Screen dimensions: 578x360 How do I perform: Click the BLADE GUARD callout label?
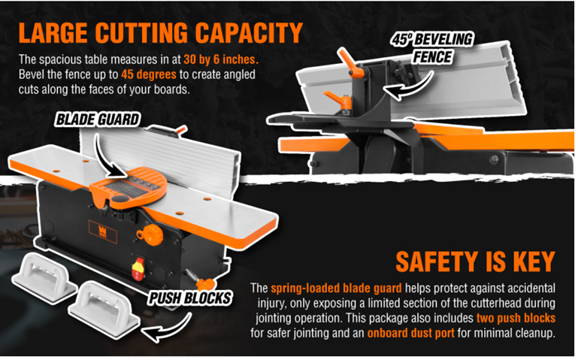(x=98, y=119)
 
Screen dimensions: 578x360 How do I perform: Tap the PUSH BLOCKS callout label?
(x=190, y=298)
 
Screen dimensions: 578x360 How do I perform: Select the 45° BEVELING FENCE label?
(x=432, y=48)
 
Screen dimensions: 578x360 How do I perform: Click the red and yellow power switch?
(x=138, y=268)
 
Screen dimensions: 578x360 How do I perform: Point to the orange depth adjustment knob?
(x=150, y=234)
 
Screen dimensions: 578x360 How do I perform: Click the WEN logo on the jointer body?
(x=103, y=231)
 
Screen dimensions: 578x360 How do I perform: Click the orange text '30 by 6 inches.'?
(x=221, y=59)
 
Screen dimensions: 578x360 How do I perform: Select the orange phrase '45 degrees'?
(x=149, y=74)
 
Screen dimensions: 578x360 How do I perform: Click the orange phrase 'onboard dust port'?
(x=410, y=333)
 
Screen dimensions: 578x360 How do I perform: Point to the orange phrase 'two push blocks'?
(x=516, y=318)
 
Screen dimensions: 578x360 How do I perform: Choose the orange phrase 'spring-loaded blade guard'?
(x=336, y=288)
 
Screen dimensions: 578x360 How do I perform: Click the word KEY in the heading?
(x=534, y=262)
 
